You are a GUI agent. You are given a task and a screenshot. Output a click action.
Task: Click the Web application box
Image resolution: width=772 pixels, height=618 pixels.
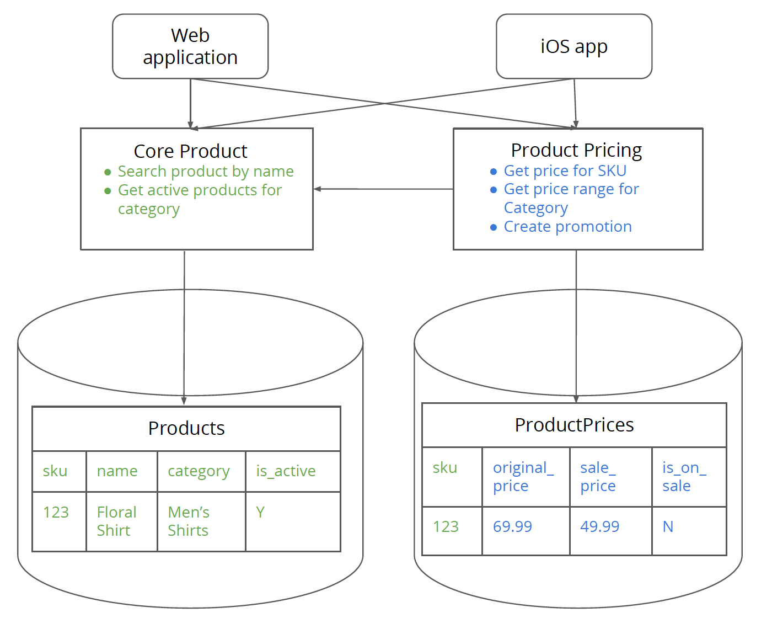[190, 46]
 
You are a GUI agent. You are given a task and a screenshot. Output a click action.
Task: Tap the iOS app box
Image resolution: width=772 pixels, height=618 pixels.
[574, 46]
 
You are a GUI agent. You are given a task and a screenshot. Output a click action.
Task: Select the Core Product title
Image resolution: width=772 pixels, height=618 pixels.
[190, 151]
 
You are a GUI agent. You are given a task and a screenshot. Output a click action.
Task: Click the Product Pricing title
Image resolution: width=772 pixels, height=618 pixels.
[576, 150]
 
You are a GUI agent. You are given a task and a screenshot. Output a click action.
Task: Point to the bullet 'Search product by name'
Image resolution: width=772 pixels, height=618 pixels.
[205, 172]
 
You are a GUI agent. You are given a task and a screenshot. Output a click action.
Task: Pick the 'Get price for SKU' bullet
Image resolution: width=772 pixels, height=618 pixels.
[565, 171]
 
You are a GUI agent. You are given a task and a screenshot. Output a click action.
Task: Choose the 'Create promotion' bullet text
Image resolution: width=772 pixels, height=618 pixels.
[567, 227]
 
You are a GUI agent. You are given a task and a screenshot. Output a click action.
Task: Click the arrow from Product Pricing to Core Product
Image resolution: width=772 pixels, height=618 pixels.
[383, 189]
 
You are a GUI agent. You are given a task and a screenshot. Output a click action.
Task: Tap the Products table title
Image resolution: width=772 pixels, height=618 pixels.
[186, 428]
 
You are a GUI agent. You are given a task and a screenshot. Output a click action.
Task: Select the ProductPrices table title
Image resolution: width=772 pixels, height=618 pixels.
[574, 425]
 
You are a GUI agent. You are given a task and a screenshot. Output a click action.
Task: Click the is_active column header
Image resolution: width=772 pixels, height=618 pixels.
[286, 471]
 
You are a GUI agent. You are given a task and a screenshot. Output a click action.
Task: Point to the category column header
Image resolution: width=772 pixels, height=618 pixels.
[199, 471]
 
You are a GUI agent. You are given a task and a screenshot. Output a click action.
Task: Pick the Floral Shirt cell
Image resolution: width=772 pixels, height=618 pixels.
[116, 521]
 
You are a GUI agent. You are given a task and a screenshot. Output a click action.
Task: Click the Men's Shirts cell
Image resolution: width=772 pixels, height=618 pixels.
[189, 521]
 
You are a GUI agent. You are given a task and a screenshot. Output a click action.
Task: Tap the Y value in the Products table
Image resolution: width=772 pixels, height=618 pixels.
[260, 513]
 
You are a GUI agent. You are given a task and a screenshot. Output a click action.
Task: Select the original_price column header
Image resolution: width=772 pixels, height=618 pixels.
[523, 477]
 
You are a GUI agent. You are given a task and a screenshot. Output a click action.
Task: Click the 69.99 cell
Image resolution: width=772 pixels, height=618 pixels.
[512, 527]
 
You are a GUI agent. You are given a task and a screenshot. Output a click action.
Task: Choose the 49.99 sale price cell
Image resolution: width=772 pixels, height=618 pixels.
[599, 527]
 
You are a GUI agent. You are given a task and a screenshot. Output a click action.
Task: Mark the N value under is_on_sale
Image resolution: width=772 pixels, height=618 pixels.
[668, 527]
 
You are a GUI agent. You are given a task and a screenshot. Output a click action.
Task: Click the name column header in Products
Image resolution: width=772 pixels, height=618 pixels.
[117, 471]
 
